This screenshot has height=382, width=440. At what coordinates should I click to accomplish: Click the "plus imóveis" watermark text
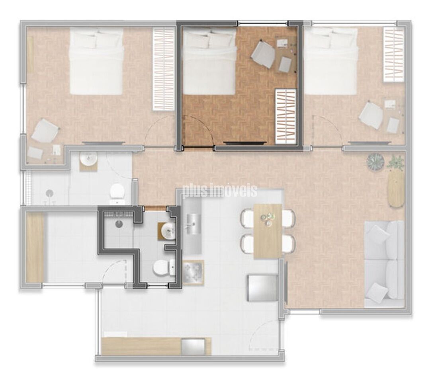(220, 191)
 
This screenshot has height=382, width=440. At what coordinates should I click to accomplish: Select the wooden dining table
(268, 231)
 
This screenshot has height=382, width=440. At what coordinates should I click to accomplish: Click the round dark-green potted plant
(375, 162)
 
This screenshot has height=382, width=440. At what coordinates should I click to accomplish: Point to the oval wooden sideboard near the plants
(396, 189)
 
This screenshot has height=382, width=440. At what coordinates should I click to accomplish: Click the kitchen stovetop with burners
(193, 273)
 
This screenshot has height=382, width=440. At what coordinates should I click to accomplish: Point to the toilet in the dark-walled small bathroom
(164, 267)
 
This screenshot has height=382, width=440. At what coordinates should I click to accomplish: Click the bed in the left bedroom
(96, 61)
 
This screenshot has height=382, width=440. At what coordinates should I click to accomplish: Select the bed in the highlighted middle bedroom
(209, 61)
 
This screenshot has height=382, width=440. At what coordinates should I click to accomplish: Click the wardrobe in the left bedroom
(164, 69)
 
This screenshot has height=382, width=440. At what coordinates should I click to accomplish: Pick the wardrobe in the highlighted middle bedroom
(286, 117)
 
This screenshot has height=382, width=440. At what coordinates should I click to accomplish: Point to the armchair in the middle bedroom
(263, 54)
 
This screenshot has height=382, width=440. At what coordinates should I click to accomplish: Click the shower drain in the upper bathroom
(50, 193)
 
